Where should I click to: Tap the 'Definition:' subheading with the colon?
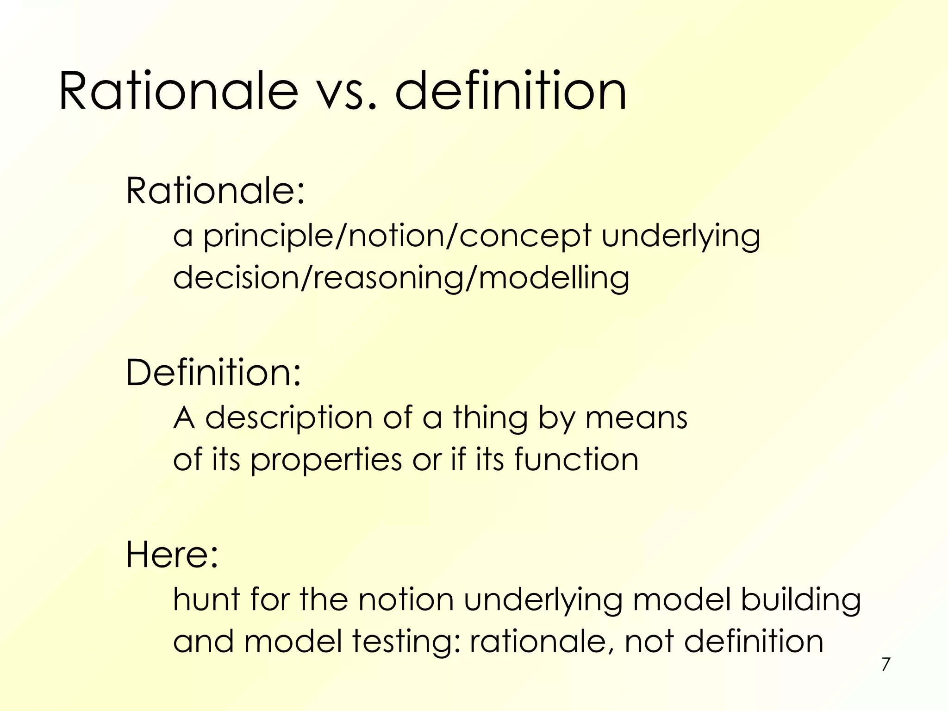[x=213, y=373]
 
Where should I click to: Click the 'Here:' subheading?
[x=172, y=555]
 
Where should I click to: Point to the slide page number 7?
[x=886, y=664]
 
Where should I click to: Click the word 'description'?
[x=289, y=418]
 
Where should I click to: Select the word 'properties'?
[x=326, y=460]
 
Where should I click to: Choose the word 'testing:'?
[x=406, y=642]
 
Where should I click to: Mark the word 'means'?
[x=636, y=418]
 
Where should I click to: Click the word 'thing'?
[x=490, y=418]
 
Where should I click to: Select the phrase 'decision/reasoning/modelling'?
[x=401, y=278]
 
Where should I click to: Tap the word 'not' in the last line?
[x=649, y=642]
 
